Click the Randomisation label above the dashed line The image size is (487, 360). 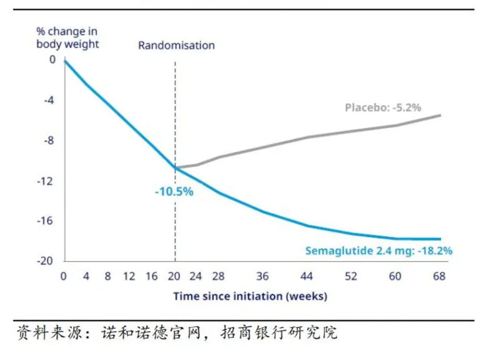[176, 45]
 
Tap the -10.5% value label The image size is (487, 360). [174, 192]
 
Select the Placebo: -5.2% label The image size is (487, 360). [383, 107]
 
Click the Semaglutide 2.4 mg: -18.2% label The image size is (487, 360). [379, 251]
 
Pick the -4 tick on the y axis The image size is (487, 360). [50, 100]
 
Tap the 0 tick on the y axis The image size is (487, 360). [53, 60]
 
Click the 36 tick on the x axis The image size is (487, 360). [262, 277]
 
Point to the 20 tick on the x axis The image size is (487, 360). [174, 277]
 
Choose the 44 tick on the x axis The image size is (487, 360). [307, 277]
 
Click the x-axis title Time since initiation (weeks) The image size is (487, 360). [250, 296]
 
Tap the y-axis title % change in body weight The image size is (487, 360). [67, 37]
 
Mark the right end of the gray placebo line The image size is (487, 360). [440, 116]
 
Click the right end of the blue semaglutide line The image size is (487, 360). [440, 239]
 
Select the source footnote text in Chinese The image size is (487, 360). [177, 332]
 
